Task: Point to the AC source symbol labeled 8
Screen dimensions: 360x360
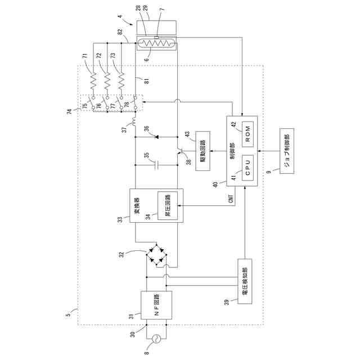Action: [156, 338]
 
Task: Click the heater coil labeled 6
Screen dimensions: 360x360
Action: [156, 42]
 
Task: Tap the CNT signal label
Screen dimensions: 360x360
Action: [230, 197]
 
